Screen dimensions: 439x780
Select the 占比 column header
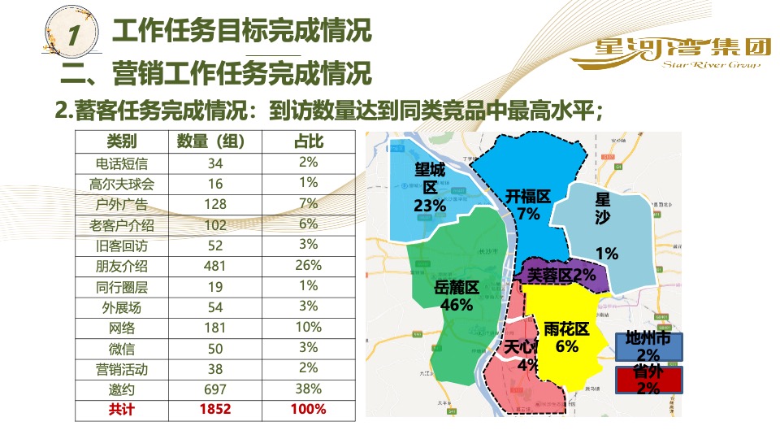tap(308, 141)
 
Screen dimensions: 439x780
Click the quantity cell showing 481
tap(215, 266)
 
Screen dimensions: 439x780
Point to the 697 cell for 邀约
tap(215, 389)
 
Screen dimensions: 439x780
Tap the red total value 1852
tap(215, 410)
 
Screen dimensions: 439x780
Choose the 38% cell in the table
tap(308, 389)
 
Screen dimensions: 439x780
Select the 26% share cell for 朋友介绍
tap(308, 265)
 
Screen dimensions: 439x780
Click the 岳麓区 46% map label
tap(457, 295)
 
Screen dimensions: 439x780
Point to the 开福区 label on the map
tap(528, 204)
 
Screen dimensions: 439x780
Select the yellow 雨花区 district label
tap(566, 337)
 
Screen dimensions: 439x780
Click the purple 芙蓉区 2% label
tap(562, 276)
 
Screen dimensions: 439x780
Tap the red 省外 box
tap(648, 380)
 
